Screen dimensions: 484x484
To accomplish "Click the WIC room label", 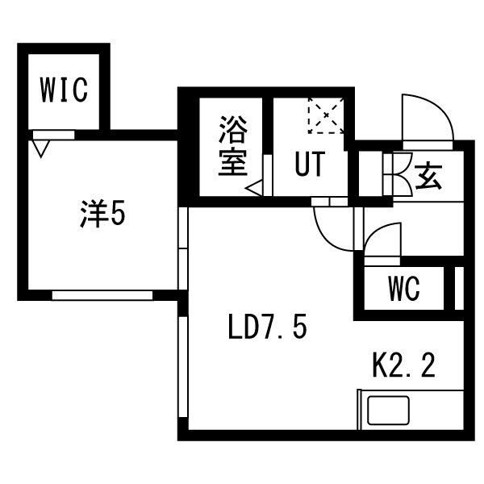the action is tap(64, 90).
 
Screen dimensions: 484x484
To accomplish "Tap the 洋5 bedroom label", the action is tap(102, 214).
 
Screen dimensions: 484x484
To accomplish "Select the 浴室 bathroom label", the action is tap(233, 146).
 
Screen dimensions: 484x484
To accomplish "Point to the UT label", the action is tap(310, 164).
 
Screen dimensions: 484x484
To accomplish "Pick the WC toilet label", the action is tap(404, 288).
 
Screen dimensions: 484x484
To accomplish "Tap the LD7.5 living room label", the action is tap(268, 326).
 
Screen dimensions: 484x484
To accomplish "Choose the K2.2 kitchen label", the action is tap(404, 365).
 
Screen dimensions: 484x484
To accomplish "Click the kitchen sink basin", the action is tap(388, 411).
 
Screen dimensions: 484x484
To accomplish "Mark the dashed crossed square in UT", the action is tap(326, 115).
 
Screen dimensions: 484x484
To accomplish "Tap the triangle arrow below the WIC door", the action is tap(41, 148).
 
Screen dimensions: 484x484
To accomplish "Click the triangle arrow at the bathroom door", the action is tap(254, 188).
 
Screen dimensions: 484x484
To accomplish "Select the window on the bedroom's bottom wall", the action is tap(102, 295).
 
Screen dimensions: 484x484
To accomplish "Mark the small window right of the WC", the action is tap(459, 288).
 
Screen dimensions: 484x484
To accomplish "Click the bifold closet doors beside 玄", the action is tap(398, 174).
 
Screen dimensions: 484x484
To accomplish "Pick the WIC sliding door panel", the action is tap(54, 135).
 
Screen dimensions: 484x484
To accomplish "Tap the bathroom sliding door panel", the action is tap(268, 175).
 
